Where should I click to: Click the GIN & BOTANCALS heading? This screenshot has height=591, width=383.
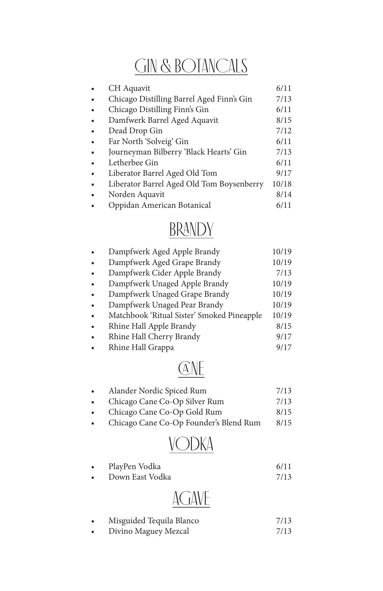click(191, 66)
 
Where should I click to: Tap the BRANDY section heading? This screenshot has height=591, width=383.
click(191, 230)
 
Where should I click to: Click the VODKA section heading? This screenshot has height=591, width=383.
click(191, 444)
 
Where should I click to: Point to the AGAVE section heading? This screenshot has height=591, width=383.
click(191, 499)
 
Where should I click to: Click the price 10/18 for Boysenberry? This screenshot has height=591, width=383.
click(282, 184)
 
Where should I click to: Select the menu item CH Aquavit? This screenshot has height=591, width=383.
click(129, 88)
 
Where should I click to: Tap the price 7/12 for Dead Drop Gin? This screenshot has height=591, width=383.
click(284, 131)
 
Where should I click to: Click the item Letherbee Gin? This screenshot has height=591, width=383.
click(133, 163)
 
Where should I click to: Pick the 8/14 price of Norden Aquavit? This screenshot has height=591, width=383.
click(284, 195)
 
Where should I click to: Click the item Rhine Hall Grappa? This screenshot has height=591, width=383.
click(141, 348)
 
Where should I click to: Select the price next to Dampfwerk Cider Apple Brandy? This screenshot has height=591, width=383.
click(284, 273)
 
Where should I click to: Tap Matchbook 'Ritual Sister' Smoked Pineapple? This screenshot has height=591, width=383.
click(185, 316)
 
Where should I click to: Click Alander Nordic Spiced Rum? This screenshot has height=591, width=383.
click(157, 391)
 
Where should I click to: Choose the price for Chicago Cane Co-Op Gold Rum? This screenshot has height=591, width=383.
click(284, 412)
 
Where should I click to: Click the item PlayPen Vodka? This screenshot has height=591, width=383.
click(134, 467)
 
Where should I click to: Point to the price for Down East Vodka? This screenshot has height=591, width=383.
click(284, 477)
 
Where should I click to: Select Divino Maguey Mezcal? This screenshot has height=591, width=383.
click(149, 531)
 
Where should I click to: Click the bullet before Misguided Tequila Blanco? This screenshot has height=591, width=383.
click(93, 521)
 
